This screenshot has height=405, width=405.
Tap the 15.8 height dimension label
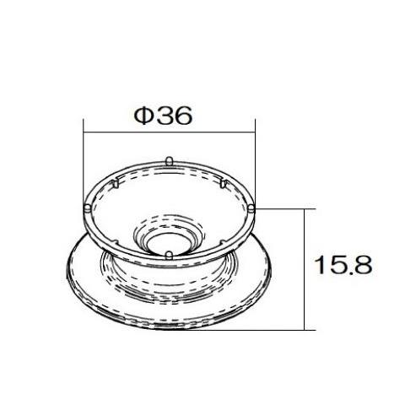[x=343, y=264]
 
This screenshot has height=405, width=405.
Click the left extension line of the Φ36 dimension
[x=84, y=160]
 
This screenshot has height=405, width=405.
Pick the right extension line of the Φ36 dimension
[x=255, y=160]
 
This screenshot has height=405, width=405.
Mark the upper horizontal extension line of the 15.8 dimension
[x=283, y=207]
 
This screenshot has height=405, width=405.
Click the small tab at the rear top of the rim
[x=170, y=159]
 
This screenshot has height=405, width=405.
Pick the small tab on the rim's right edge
[x=252, y=207]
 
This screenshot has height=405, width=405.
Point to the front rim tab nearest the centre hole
[x=169, y=253]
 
